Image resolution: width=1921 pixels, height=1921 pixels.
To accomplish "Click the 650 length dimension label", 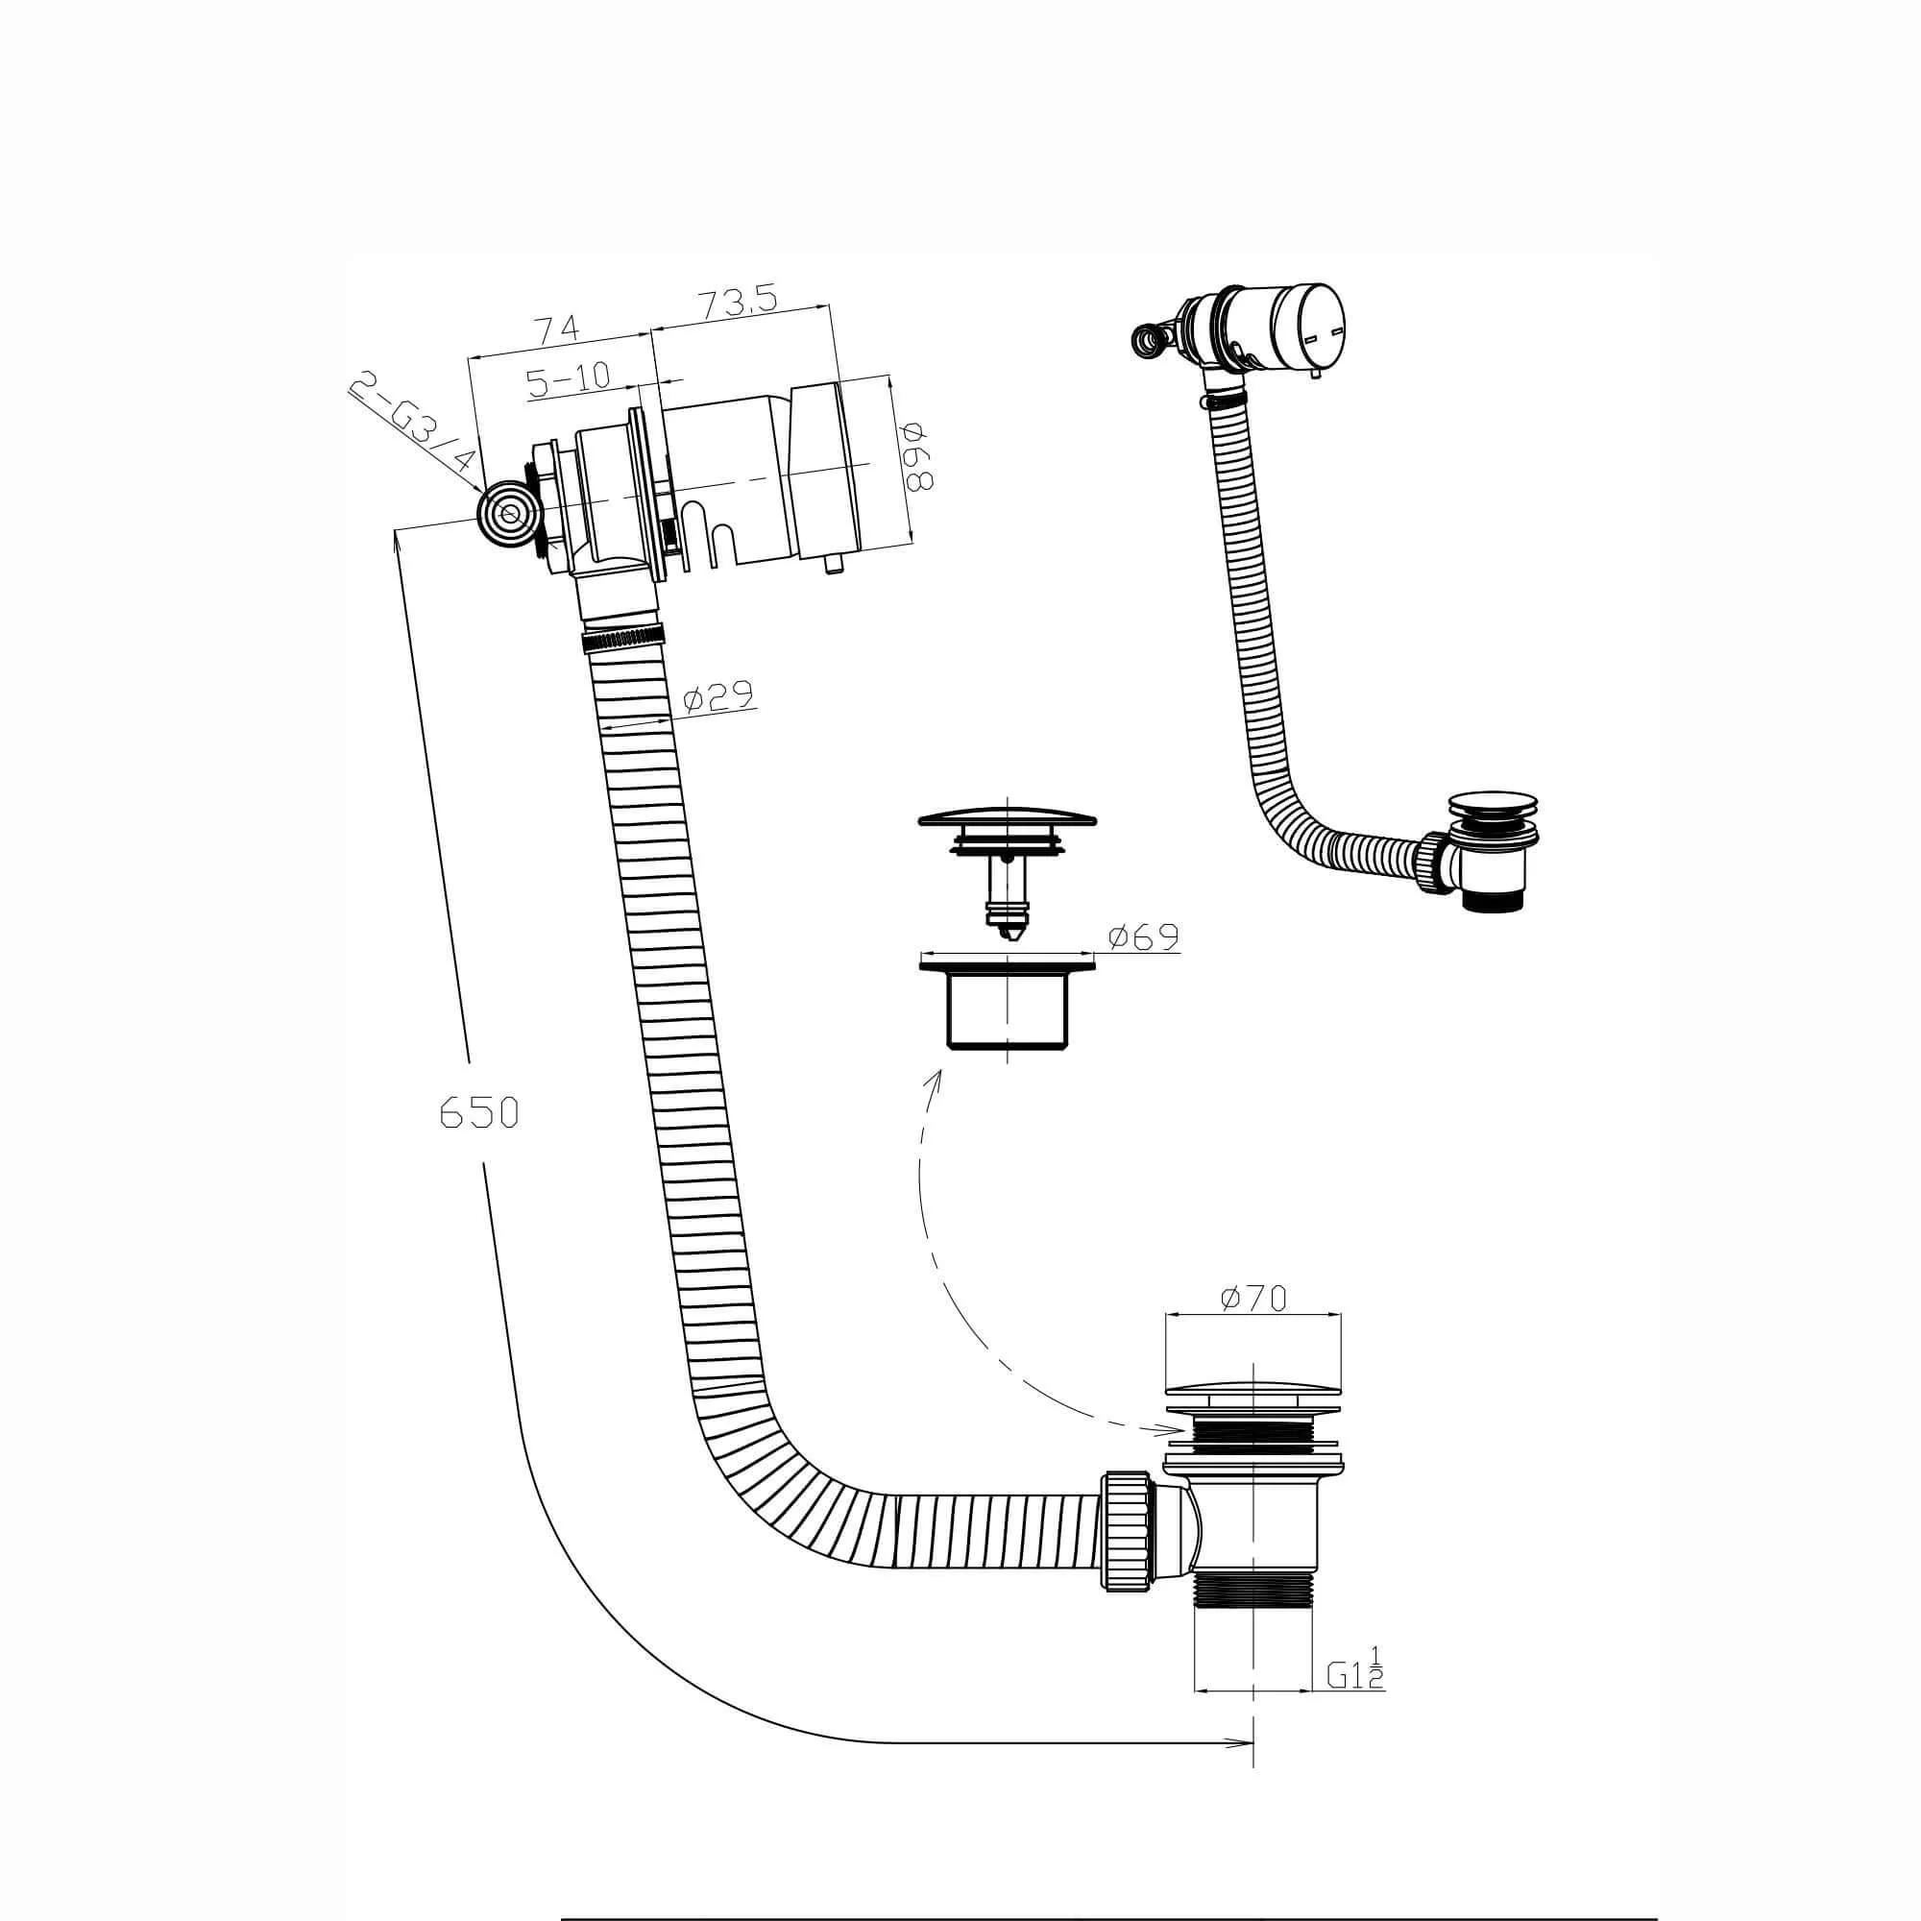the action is (x=479, y=1112).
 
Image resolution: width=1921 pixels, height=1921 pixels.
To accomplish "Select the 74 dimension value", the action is (x=559, y=328).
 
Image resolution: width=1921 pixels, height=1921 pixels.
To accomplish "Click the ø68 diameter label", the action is (x=916, y=456).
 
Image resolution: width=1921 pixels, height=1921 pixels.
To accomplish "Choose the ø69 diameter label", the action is (x=1143, y=936).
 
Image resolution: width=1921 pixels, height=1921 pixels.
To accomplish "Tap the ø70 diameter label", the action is (x=1252, y=1298).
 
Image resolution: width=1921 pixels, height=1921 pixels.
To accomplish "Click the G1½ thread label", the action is (x=1354, y=1675).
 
